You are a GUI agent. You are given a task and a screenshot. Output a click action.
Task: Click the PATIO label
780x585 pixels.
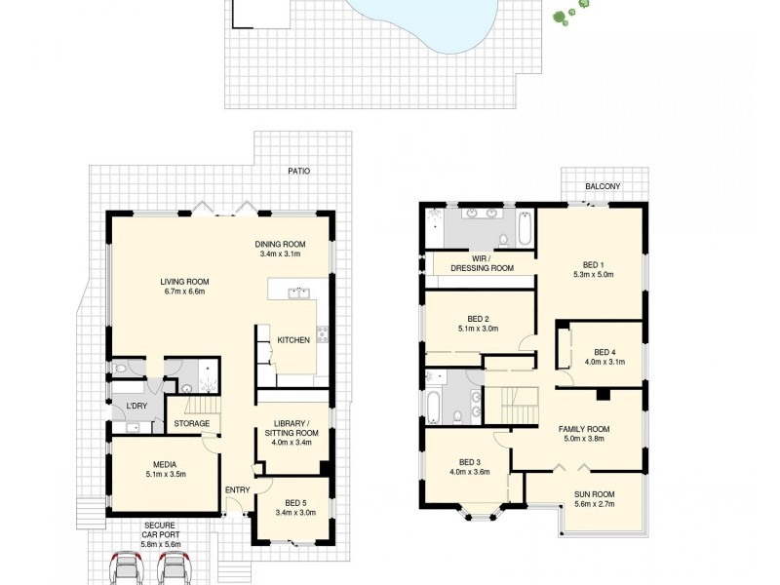coord(298,171)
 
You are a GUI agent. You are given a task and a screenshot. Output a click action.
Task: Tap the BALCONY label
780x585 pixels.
coord(603,186)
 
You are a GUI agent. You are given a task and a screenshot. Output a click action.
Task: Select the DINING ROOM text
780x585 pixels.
coord(281,244)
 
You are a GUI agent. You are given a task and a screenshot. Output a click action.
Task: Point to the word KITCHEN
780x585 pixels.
coord(293,340)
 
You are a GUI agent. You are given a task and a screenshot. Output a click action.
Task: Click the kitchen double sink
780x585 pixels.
coord(297,292)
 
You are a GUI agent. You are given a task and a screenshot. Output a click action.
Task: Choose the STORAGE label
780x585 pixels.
coord(192,424)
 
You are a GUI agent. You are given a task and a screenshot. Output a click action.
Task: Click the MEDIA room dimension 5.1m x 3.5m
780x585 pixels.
coord(163,475)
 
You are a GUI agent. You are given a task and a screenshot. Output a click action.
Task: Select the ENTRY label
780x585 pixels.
coord(237,489)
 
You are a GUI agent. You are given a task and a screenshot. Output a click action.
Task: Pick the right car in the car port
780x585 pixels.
coord(173,567)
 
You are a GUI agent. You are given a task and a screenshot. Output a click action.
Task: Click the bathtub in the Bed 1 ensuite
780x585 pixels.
coord(523,230)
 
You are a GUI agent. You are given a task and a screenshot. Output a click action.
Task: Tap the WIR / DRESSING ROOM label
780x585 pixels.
coord(481,262)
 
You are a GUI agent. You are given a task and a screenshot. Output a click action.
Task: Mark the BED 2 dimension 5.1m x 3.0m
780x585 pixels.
coord(478,329)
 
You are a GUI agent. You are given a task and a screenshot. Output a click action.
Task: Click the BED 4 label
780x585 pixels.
coord(604,352)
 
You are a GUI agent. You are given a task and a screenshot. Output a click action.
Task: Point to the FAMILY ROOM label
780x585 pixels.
coord(583,429)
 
